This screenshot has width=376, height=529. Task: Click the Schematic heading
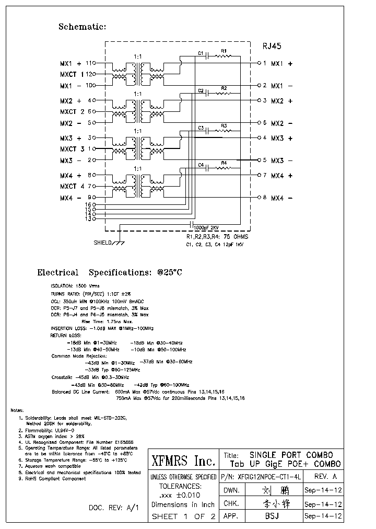point(82,27)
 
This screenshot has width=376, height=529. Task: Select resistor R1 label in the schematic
point(224,51)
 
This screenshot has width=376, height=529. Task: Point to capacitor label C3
point(201,128)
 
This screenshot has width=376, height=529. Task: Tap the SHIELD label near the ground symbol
point(103,243)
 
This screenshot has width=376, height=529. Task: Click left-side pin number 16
point(89,204)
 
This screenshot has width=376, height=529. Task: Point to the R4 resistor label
point(224,163)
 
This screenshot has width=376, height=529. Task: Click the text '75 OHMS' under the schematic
point(236,237)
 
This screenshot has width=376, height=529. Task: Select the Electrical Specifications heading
point(109,272)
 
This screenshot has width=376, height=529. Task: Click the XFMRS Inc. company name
point(183,461)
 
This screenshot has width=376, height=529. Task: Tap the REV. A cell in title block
point(324,476)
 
